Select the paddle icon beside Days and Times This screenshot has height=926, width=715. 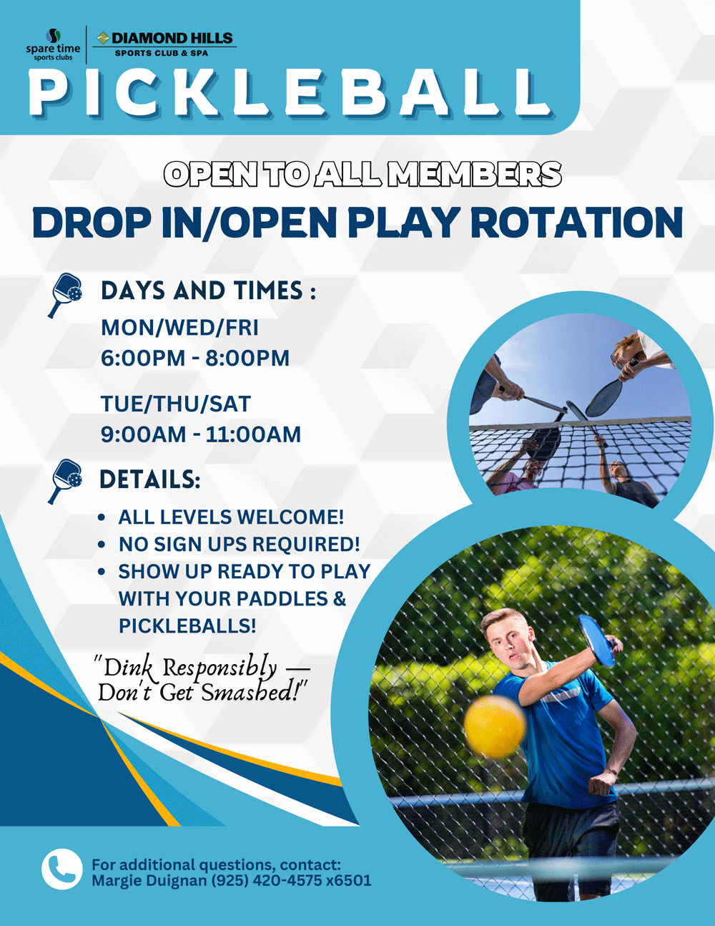click(64, 295)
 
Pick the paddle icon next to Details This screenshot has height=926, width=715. click(64, 481)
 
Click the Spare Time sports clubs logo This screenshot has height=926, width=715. click(53, 45)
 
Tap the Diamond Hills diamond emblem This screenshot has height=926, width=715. click(103, 39)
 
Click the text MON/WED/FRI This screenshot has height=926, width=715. click(179, 328)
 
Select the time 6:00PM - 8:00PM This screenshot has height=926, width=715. click(195, 358)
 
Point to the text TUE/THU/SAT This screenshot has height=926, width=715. click(176, 404)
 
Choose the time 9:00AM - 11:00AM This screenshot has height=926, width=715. click(201, 434)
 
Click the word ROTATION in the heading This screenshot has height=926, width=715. click(577, 223)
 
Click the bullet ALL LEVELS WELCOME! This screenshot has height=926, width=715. click(231, 517)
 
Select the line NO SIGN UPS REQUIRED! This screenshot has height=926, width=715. click(240, 544)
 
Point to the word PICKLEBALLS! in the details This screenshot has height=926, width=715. click(187, 626)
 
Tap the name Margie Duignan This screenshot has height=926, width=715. click(149, 880)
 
